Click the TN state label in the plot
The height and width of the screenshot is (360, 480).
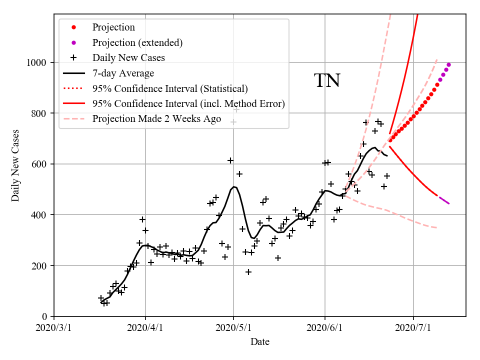[327, 81]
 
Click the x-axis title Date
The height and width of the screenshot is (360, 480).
[260, 342]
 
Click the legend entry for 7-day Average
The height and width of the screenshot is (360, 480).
[123, 73]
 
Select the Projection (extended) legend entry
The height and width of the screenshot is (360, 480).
[137, 42]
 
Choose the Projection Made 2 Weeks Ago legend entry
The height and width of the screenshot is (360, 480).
[156, 119]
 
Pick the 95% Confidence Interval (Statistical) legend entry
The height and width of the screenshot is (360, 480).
[170, 89]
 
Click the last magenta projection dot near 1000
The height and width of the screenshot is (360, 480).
[448, 64]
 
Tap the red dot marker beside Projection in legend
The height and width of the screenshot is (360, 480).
[74, 27]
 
